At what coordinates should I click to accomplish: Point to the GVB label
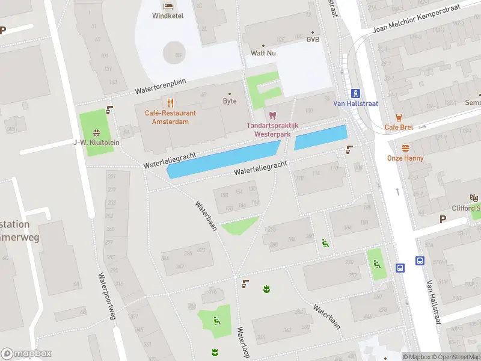point(313,40)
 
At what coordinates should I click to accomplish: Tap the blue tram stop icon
point(356,93)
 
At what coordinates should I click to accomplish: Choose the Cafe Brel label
point(399,127)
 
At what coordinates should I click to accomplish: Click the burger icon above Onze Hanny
point(405,148)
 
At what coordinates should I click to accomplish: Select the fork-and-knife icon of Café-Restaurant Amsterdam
point(170,102)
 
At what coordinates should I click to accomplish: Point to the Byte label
point(230,101)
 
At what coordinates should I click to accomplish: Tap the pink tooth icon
point(272,115)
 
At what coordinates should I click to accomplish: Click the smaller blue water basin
point(320,138)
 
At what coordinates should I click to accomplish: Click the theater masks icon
point(474,197)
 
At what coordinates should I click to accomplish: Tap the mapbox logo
point(26,353)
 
